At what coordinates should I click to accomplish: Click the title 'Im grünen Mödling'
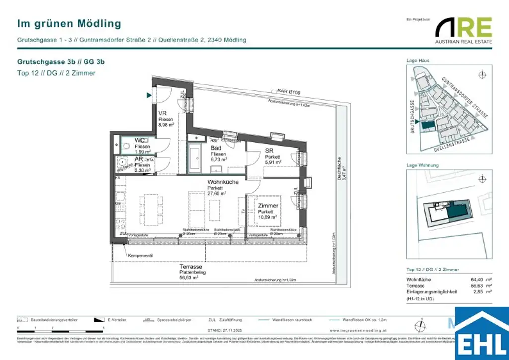69,23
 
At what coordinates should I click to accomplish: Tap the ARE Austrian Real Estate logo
463,30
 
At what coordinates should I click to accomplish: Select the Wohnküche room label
223,182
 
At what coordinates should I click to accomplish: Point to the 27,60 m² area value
217,194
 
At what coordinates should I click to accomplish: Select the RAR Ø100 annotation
289,91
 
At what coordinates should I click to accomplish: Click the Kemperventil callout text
140,256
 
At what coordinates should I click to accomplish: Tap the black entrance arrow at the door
149,95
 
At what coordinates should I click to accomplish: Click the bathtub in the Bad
194,160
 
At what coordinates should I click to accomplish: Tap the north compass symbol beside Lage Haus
481,75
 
